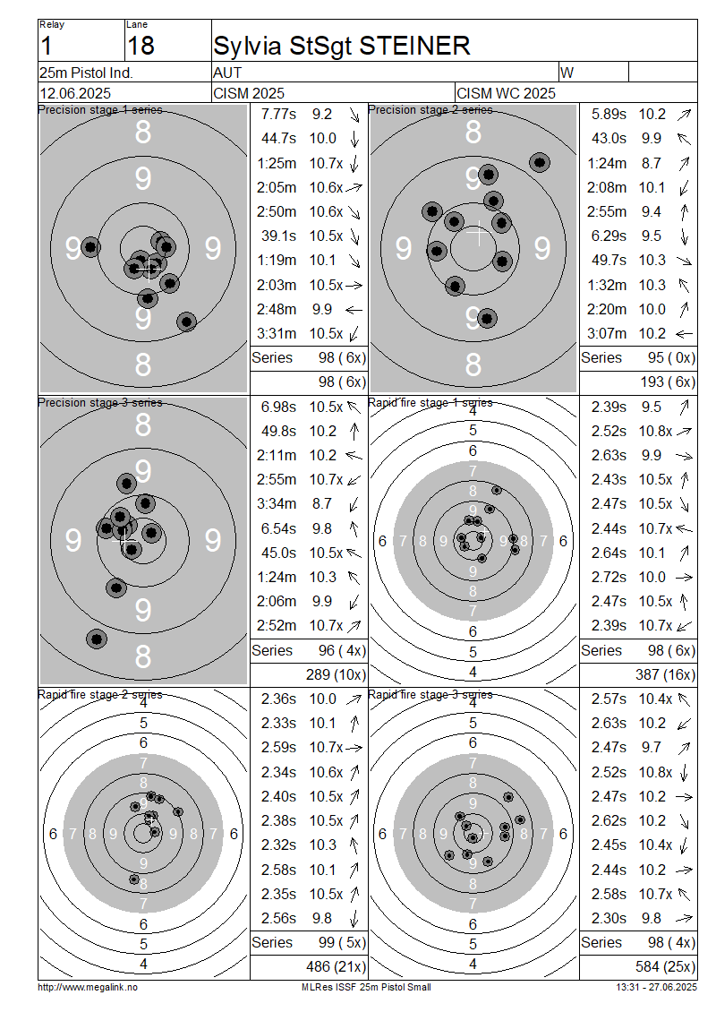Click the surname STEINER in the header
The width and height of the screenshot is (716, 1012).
pyautogui.click(x=414, y=46)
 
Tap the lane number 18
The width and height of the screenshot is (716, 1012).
pyautogui.click(x=141, y=46)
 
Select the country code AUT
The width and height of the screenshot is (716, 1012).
pyautogui.click(x=227, y=73)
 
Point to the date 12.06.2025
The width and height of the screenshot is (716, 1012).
pyautogui.click(x=75, y=93)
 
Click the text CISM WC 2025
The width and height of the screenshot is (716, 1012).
pyautogui.click(x=506, y=93)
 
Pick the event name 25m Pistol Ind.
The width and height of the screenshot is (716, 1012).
pyautogui.click(x=86, y=73)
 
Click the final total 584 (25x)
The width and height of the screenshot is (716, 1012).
pyautogui.click(x=665, y=966)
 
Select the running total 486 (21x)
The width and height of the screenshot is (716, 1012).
pyautogui.click(x=336, y=966)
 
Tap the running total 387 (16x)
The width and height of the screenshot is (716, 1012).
pyautogui.click(x=665, y=674)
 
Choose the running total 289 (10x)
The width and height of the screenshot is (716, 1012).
pyautogui.click(x=336, y=674)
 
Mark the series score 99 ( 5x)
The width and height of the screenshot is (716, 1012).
pyautogui.click(x=342, y=942)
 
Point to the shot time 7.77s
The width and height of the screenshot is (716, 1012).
pyautogui.click(x=278, y=115)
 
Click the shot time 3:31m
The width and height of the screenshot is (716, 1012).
pyautogui.click(x=277, y=333)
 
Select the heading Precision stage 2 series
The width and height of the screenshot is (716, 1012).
pyautogui.click(x=430, y=110)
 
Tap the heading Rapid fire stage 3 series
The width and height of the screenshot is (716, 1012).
pyautogui.click(x=430, y=694)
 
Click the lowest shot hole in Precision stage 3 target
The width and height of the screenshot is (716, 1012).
pyautogui.click(x=97, y=639)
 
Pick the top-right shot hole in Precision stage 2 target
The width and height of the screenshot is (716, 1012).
pyautogui.click(x=540, y=162)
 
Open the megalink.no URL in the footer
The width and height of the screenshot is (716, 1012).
pyautogui.click(x=88, y=987)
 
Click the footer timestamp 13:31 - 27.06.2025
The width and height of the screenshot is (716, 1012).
pyautogui.click(x=657, y=987)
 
